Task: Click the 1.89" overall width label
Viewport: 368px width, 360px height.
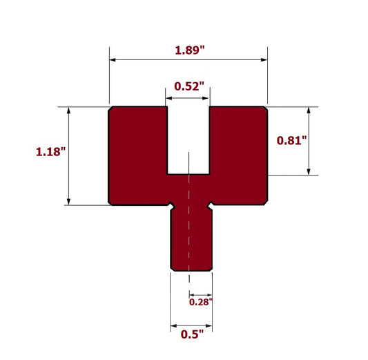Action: coord(189,50)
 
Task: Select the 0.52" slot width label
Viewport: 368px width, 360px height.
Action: coord(188,86)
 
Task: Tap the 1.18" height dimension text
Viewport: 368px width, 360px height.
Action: coord(50,151)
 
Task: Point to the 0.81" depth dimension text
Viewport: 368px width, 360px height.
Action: coord(291,140)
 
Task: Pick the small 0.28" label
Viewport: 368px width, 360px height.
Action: coord(201,301)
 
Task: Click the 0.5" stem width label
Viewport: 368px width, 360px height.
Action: coord(192,335)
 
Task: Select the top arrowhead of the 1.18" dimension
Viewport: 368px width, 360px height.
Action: coord(69,111)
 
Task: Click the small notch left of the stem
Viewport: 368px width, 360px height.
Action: coord(170,205)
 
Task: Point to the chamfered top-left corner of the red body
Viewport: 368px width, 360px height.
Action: coord(111,108)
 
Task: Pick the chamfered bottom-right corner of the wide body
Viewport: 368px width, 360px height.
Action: coord(266,202)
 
